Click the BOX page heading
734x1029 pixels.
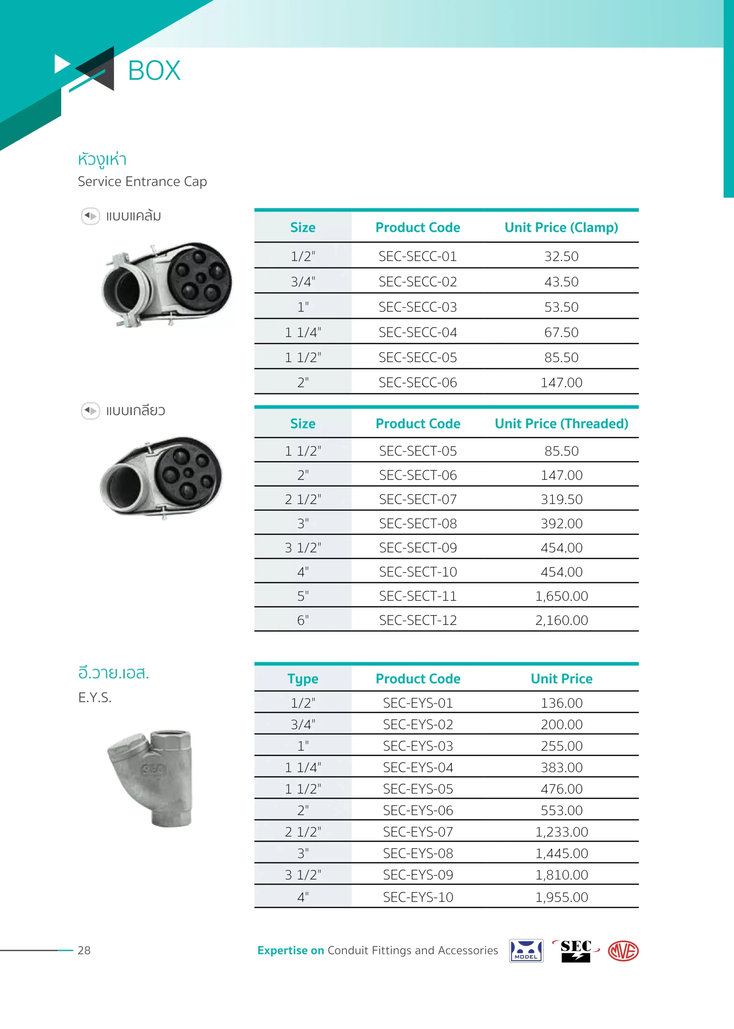(x=154, y=71)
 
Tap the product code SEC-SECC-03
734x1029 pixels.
(x=418, y=307)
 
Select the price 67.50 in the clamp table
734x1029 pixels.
(x=561, y=332)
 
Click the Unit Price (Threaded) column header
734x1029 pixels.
(x=561, y=423)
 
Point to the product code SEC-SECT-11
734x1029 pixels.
(x=418, y=596)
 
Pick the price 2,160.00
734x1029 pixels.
(x=561, y=620)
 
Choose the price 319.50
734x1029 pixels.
(x=561, y=499)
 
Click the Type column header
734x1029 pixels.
(x=303, y=679)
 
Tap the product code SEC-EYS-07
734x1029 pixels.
(x=418, y=832)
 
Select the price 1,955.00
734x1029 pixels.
(x=561, y=897)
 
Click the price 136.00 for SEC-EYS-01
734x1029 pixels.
(x=561, y=703)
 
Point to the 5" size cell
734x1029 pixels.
(x=303, y=596)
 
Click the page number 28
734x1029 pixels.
(x=84, y=950)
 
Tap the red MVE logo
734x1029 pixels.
(x=623, y=951)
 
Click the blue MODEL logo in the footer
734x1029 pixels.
(x=526, y=951)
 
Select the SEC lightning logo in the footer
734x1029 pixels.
(x=576, y=950)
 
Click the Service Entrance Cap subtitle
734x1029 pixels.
(x=142, y=181)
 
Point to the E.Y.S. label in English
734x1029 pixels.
(x=95, y=697)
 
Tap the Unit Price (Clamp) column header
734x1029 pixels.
(x=561, y=228)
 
